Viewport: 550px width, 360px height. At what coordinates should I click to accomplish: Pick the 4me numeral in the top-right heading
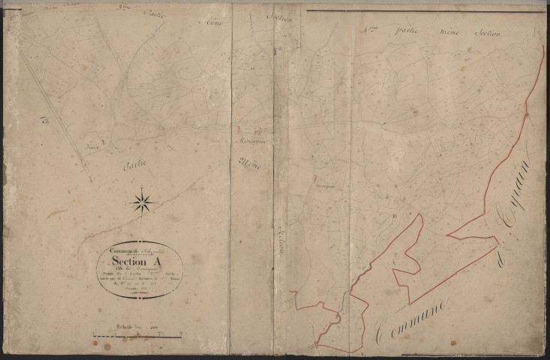(x=368, y=31)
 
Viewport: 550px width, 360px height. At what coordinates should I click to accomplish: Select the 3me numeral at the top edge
(x=121, y=9)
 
